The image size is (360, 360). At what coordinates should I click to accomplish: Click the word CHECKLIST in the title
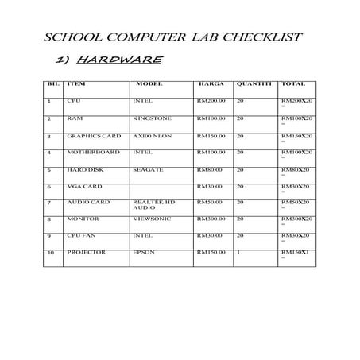pyautogui.click(x=264, y=37)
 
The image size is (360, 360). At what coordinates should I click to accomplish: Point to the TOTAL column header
pyautogui.click(x=293, y=83)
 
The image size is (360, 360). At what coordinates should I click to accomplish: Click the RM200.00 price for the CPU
pyautogui.click(x=211, y=101)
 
